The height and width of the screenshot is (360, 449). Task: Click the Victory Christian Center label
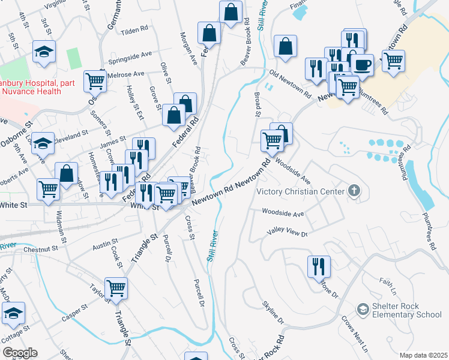[x=301, y=192]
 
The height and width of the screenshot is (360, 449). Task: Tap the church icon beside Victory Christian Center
[x=355, y=191]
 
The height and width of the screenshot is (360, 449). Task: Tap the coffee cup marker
[x=363, y=64]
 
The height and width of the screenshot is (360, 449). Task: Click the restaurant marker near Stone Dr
[x=319, y=266]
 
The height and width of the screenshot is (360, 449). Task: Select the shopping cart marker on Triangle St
[x=116, y=287]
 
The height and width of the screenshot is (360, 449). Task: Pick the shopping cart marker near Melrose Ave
[x=95, y=80]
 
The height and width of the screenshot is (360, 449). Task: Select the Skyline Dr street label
[x=273, y=313]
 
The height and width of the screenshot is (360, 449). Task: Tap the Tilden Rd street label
[x=134, y=29]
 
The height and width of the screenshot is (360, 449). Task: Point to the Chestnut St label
[x=41, y=248]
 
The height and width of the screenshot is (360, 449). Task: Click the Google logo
[x=20, y=353]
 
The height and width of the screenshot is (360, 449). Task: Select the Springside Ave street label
[x=130, y=57]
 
